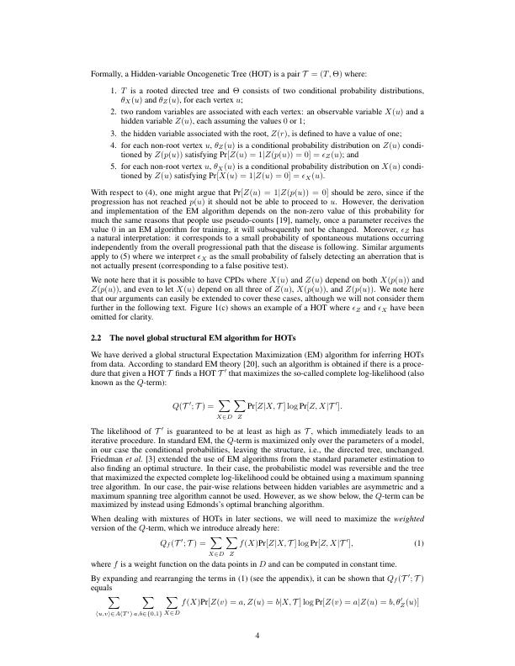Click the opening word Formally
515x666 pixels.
pos(105,74)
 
